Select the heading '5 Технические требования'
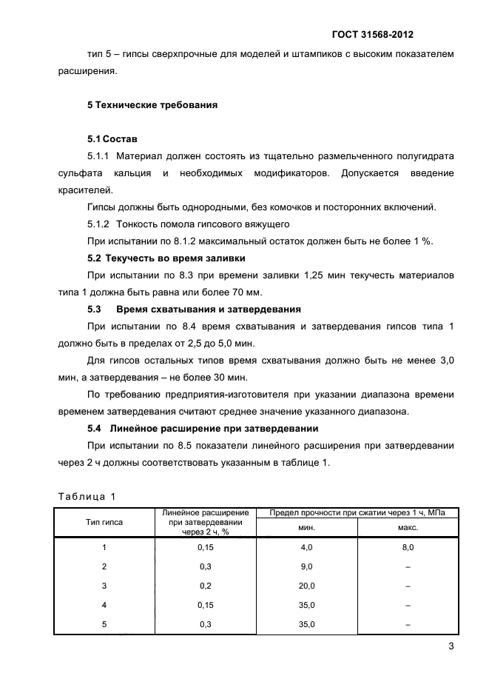tap(152, 105)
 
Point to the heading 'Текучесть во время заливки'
tap(178, 258)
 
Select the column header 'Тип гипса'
tap(104, 522)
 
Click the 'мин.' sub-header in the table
tap(306, 527)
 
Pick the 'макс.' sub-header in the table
tap(408, 527)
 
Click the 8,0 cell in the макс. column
tap(408, 547)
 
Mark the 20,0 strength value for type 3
tap(306, 586)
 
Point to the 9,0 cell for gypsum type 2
tap(306, 566)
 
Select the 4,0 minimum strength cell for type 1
tap(306, 547)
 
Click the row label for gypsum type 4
tap(104, 605)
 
